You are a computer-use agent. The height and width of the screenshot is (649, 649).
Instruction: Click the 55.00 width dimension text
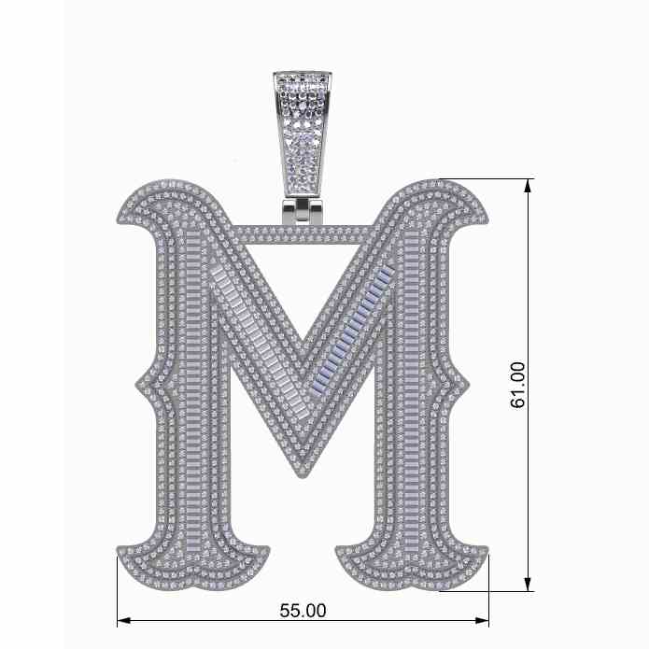coord(303,611)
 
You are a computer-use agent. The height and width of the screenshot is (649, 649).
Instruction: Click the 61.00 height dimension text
coord(517,386)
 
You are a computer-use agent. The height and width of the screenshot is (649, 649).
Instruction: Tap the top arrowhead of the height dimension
coord(528,186)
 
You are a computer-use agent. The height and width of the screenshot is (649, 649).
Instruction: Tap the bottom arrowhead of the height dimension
coord(528,585)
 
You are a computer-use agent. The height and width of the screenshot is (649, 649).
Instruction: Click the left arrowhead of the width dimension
coord(124,620)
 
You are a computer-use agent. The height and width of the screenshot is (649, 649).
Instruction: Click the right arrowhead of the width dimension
coord(482,620)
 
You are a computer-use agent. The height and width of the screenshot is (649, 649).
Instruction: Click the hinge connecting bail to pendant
coord(303,211)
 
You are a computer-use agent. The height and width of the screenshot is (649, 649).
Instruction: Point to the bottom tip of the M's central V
coord(305,477)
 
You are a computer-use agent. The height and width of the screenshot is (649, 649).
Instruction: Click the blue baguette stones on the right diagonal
coord(355,325)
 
